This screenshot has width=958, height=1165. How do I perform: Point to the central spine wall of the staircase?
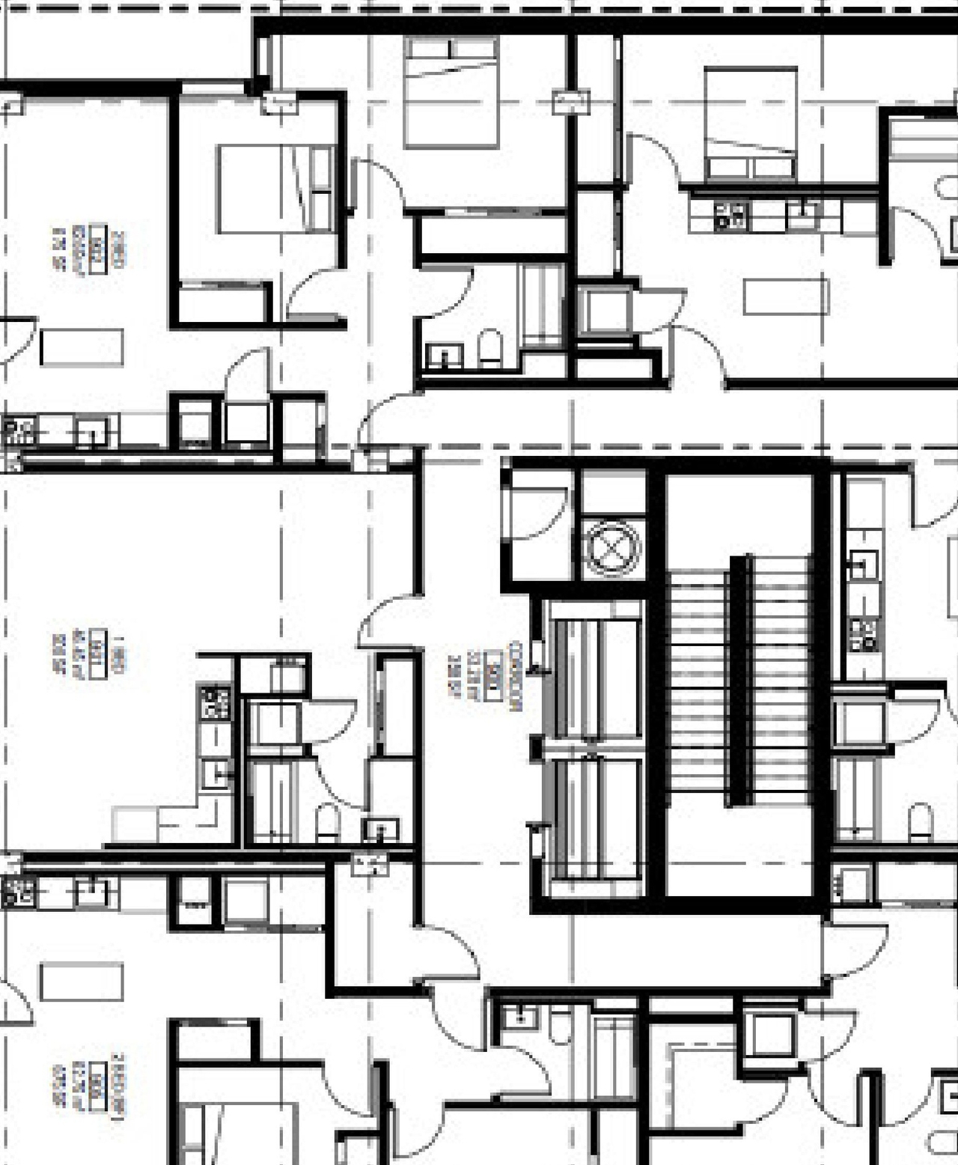740,681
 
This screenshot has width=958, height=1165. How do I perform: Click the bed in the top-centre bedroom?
451,91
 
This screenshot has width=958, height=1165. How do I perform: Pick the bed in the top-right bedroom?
750,122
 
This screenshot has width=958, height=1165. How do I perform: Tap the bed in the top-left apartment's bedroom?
275,189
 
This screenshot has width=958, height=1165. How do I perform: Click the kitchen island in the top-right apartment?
785,296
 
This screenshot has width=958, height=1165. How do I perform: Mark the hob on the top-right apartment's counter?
730,216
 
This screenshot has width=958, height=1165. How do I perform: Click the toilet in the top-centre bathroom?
490,349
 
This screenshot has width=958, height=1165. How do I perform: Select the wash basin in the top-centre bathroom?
444,356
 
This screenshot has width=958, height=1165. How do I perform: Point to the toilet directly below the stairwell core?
559,1024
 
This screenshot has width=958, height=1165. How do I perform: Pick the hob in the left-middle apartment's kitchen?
214,702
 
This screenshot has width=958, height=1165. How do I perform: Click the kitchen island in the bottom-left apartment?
82,982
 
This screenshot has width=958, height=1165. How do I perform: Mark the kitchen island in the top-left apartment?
82,347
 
